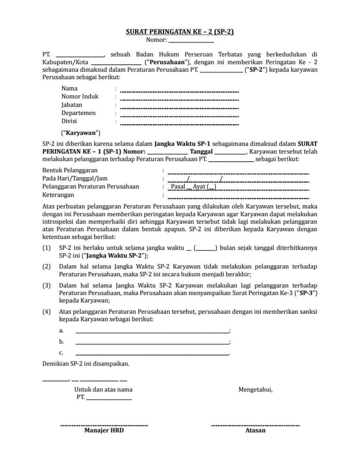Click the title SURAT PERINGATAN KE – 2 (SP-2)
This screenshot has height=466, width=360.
[x=180, y=32]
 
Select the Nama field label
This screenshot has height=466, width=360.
[x=70, y=88]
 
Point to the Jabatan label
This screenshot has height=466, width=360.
[x=72, y=105]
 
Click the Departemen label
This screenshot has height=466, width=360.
[x=79, y=113]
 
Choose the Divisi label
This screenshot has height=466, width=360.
[x=69, y=121]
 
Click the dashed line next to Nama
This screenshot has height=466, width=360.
[x=180, y=91]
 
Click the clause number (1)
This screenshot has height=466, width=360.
[x=46, y=248]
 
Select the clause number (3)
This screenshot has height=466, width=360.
[x=46, y=285]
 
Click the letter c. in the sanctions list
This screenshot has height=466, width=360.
[x=61, y=353]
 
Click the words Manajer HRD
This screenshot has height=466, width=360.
[x=104, y=430]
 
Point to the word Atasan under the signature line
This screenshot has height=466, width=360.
[x=255, y=430]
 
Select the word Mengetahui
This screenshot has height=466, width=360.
[x=255, y=390]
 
